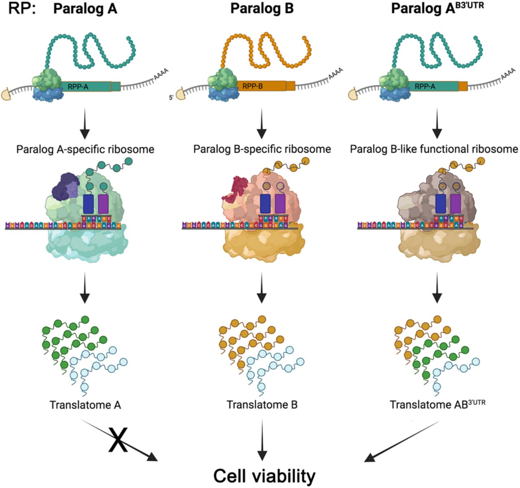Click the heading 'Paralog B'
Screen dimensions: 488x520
pos(262,9)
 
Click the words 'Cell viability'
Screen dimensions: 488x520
pos(264,475)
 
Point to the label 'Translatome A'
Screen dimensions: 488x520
pos(85,405)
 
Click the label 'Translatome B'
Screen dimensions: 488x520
pos(262,405)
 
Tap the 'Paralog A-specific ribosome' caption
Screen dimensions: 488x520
pos(85,150)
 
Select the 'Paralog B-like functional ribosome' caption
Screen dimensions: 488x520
pos(434,150)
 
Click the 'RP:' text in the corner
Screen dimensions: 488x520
pos(22,9)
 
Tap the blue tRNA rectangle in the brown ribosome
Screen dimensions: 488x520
pos(440,204)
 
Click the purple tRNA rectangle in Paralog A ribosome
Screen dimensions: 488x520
pos(104,204)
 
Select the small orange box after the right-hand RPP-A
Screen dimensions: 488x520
pos(463,86)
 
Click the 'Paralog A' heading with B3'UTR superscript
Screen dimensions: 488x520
pos(437,9)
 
